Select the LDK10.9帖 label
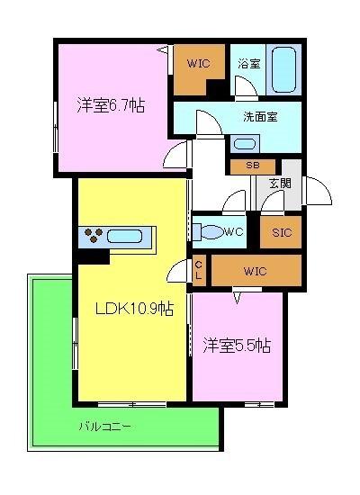pos(135,308)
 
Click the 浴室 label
pos(249,65)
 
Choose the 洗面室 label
pos(259,116)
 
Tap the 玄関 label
pos(280,183)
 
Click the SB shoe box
pos(254,166)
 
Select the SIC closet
pos(280,231)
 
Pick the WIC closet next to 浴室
pos(199,65)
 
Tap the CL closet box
pos(200,269)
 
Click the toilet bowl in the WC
pos(209,232)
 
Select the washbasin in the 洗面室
pos(244,143)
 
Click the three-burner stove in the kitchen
pos(93,238)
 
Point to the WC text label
pos(234,232)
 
